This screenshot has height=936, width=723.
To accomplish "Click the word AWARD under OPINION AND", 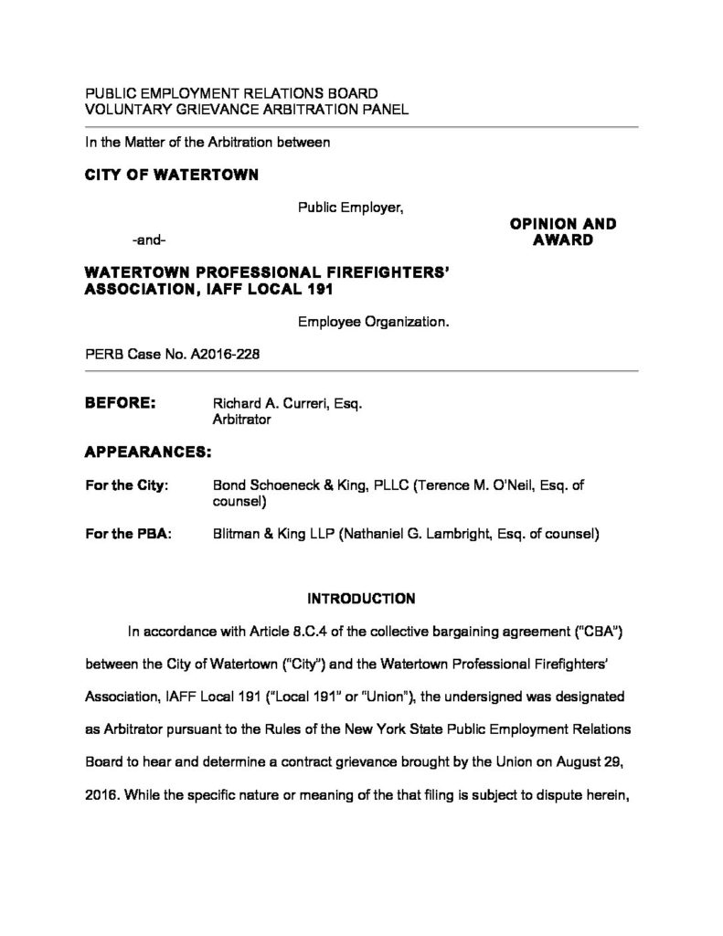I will (x=562, y=240).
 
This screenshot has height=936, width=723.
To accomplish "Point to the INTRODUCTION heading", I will (x=361, y=600).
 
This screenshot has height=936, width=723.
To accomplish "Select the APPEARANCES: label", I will (x=148, y=452).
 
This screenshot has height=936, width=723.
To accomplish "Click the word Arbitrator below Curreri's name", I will (x=241, y=420).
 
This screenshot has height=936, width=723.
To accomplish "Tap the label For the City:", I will (x=126, y=485).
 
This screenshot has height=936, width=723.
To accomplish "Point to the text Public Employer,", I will (x=351, y=207).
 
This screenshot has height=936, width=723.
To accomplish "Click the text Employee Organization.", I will (x=372, y=322).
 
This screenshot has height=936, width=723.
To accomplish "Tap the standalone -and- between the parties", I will (x=150, y=240).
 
